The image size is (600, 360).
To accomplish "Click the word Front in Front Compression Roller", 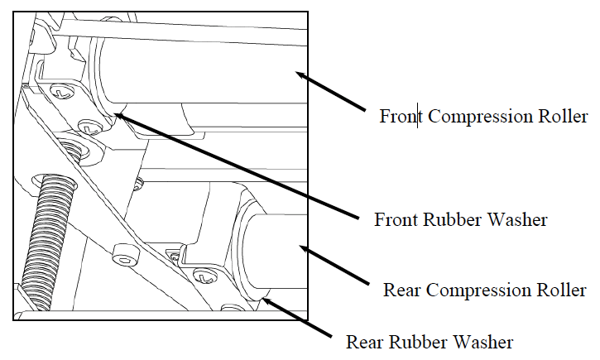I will [400, 117].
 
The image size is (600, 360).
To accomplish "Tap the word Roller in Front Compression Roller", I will [566, 117].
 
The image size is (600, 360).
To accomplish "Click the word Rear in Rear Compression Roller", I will [401, 290].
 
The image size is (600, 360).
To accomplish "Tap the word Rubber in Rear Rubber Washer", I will [412, 341].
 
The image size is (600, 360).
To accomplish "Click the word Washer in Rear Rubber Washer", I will [485, 341].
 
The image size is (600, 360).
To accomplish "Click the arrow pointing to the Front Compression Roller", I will [331, 91].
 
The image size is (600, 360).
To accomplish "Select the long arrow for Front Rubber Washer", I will [240, 166].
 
